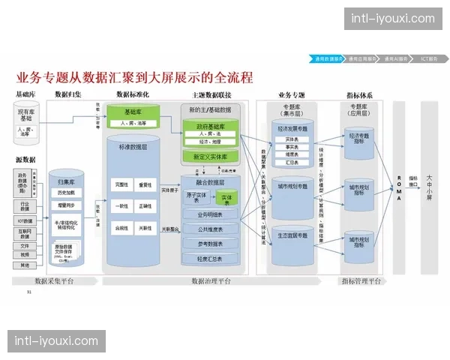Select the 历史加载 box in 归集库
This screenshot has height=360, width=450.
(x=67, y=193)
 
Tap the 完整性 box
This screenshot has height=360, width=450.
(x=121, y=184)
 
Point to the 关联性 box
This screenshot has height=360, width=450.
(x=147, y=226)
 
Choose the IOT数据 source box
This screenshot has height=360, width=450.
(x=25, y=221)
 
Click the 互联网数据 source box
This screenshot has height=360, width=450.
(x=25, y=233)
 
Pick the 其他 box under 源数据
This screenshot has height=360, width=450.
(x=25, y=265)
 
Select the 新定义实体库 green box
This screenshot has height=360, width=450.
(x=210, y=157)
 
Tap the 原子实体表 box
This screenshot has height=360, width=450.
(x=196, y=198)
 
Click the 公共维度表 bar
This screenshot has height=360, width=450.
(x=210, y=230)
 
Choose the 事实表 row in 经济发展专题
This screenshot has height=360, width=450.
(x=292, y=147)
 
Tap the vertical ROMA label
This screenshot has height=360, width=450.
(x=399, y=187)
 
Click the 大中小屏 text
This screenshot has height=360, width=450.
(x=429, y=187)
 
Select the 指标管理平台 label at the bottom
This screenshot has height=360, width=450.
(x=361, y=281)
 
